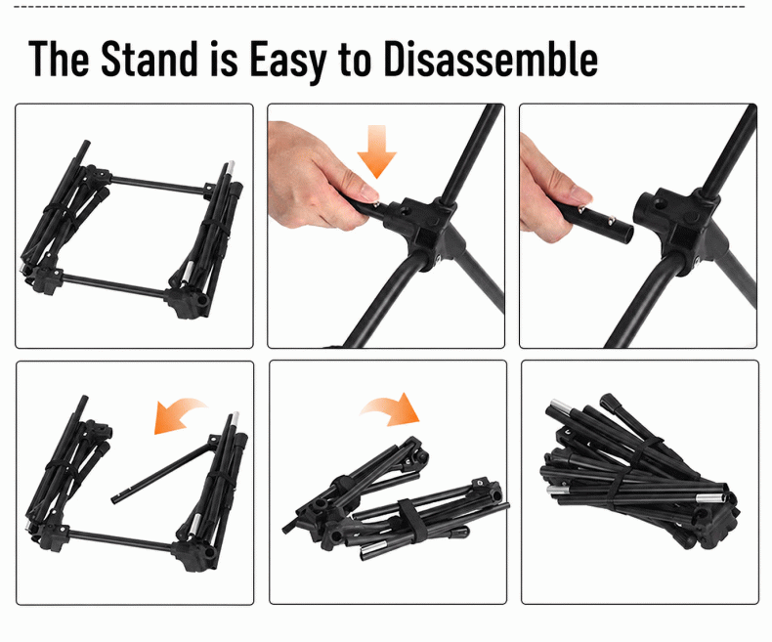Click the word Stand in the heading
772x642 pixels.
pyautogui.click(x=149, y=59)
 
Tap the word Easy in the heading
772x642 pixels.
pyautogui.click(x=288, y=61)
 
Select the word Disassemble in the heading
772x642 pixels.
pyautogui.click(x=491, y=59)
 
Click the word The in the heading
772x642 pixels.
pyautogui.click(x=59, y=59)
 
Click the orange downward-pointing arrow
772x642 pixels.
pyautogui.click(x=376, y=150)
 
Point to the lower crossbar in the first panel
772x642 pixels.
pyautogui.click(x=114, y=285)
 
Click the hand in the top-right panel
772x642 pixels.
pyautogui.click(x=551, y=192)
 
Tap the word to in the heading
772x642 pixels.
pyautogui.click(x=355, y=61)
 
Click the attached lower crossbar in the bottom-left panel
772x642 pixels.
pyautogui.click(x=120, y=539)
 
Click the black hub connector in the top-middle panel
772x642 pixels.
pyautogui.click(x=423, y=228)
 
